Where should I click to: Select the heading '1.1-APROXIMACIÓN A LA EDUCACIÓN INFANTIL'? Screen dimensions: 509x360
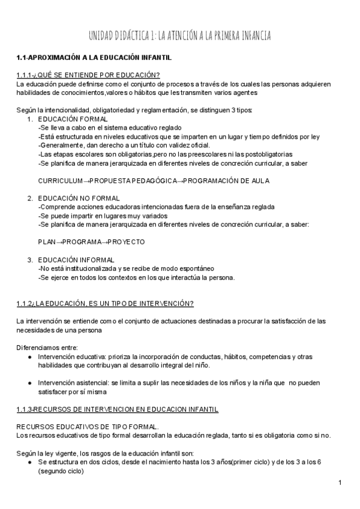pyautogui.click(x=94, y=58)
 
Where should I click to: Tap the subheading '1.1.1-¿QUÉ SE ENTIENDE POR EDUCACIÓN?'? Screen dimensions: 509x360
pyautogui.click(x=88, y=75)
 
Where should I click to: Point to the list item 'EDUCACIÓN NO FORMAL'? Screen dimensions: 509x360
pyautogui.click(x=79, y=198)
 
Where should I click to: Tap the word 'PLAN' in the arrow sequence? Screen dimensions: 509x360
pyautogui.click(x=47, y=242)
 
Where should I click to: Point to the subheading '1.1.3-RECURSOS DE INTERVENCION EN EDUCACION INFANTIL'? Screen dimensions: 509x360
pyautogui.click(x=117, y=410)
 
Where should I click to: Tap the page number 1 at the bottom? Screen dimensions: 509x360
pyautogui.click(x=340, y=483)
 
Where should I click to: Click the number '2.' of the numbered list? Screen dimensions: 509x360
pyautogui.click(x=30, y=198)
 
